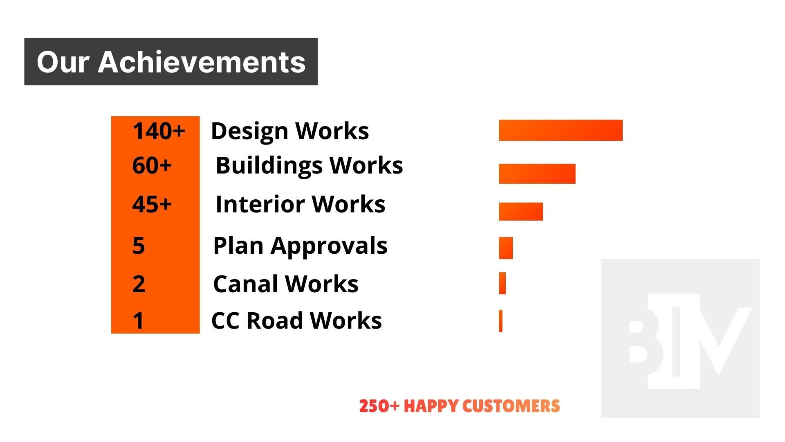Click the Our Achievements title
[x=171, y=62]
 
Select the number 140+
[x=159, y=131]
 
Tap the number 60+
[x=152, y=165]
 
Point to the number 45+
[x=152, y=204]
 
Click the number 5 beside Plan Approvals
[x=139, y=246]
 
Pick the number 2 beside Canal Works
[x=139, y=284]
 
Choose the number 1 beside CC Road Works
[x=139, y=320]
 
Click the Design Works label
[x=290, y=131]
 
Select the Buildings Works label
[x=309, y=165]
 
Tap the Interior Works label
[x=300, y=204]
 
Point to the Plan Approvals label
[x=300, y=246]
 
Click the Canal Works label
[x=285, y=284]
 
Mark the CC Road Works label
[x=296, y=320]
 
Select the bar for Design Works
[x=561, y=130]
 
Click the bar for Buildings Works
[x=537, y=174]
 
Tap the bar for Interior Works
[x=521, y=211]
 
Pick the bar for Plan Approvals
[x=506, y=248]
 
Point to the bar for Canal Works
[x=502, y=283]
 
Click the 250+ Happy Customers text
[x=459, y=406]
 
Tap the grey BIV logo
[x=680, y=338]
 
